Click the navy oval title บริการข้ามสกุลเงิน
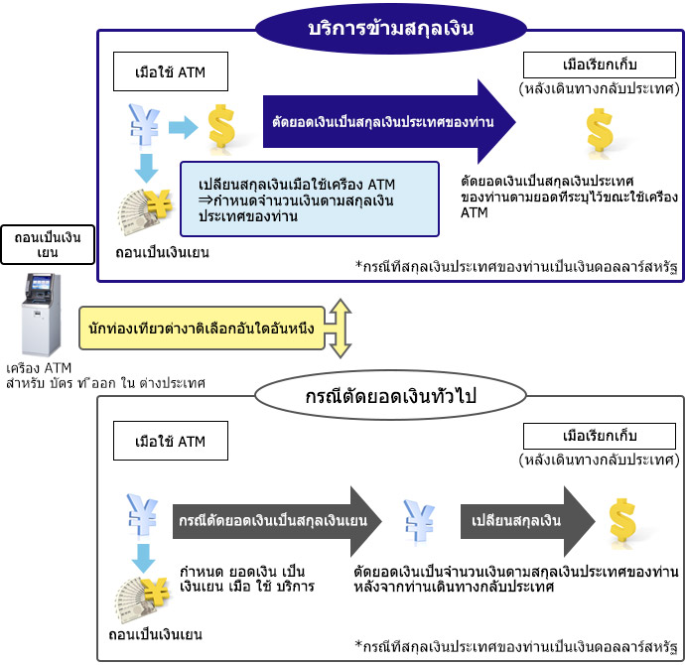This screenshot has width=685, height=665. pyautogui.click(x=389, y=29)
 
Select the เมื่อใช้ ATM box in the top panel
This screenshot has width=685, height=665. pyautogui.click(x=171, y=73)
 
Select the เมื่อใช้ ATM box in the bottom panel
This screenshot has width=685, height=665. pyautogui.click(x=171, y=441)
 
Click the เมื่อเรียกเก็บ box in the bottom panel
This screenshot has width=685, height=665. pyautogui.click(x=598, y=436)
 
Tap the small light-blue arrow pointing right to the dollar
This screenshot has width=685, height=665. pyautogui.click(x=183, y=126)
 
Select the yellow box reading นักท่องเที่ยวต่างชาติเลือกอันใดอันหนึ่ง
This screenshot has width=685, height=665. pyautogui.click(x=202, y=327)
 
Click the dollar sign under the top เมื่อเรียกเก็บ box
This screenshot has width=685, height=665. pyautogui.click(x=599, y=133)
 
